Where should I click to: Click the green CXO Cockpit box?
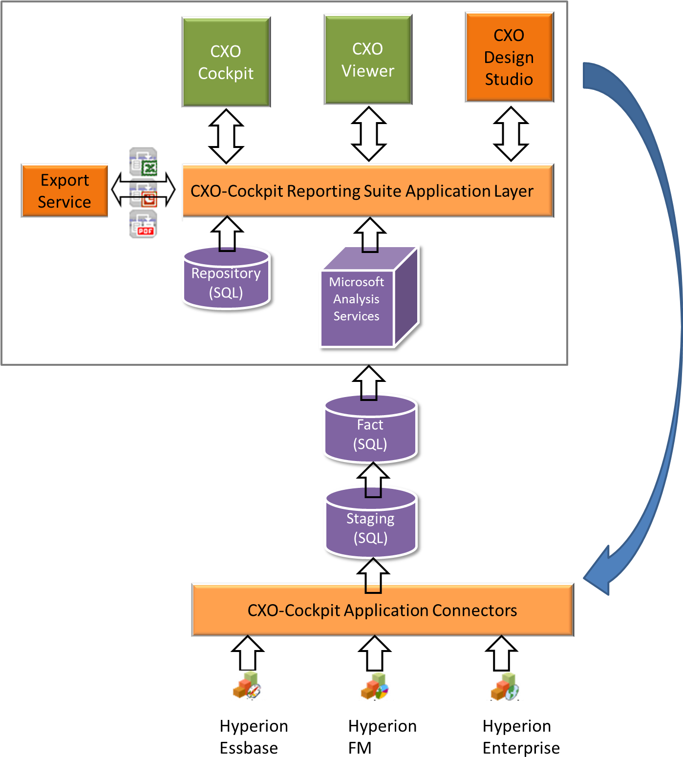[x=226, y=62]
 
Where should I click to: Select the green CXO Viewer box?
[x=368, y=60]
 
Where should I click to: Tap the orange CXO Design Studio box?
[x=509, y=57]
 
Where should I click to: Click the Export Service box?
[x=64, y=191]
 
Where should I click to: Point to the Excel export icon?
[x=143, y=162]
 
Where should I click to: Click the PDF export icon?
[x=143, y=224]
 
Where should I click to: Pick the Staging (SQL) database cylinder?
[x=370, y=525]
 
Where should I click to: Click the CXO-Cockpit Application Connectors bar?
[x=382, y=610]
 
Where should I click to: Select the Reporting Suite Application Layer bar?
[x=368, y=191]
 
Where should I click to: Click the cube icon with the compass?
[x=248, y=686]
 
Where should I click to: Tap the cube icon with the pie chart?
[x=376, y=687]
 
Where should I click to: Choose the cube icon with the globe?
[x=505, y=687]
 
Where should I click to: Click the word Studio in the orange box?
[x=509, y=79]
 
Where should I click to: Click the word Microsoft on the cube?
[x=356, y=282]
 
